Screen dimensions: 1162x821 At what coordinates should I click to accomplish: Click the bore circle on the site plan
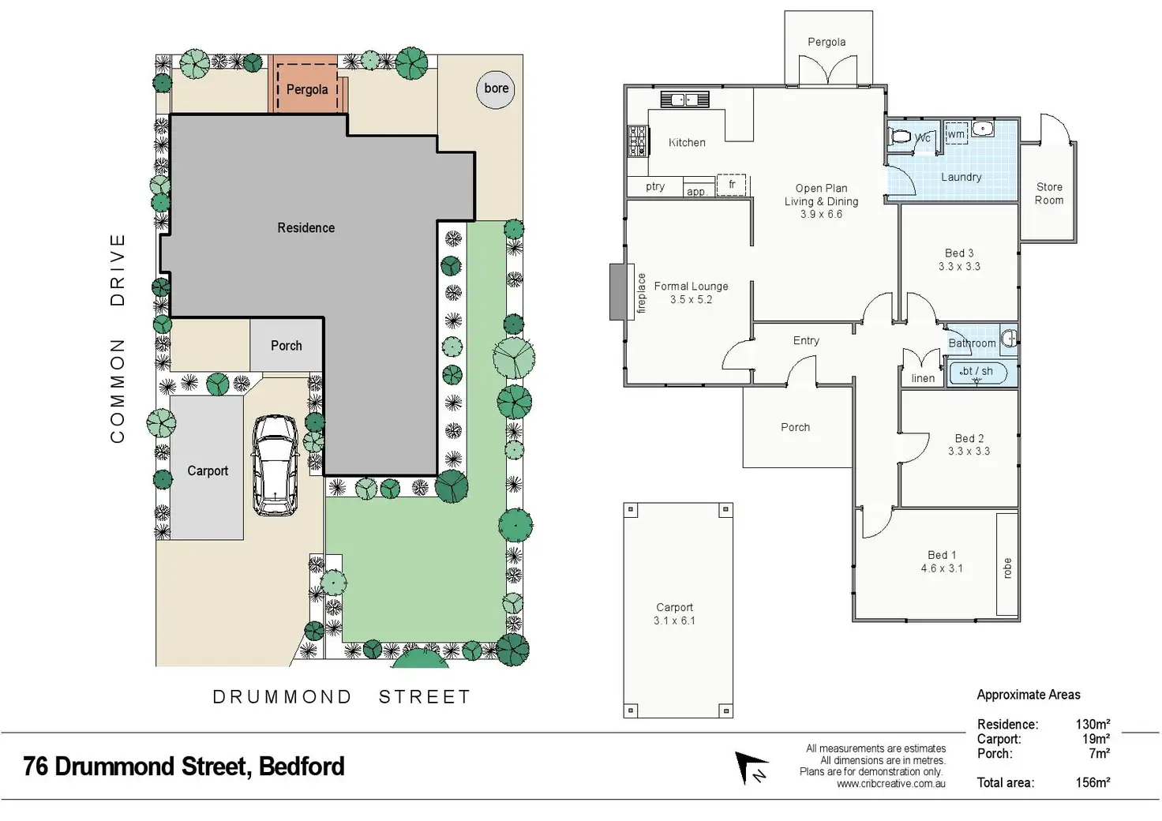point(496,89)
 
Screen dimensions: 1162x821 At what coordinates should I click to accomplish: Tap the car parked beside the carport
point(274,466)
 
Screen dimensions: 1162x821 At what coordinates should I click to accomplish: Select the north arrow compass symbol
point(751,767)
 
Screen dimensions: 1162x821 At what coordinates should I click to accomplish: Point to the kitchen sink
point(684,99)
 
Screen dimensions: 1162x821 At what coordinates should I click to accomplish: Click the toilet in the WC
point(900,137)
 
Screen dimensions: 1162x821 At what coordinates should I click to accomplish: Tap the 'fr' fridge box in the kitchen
point(731,185)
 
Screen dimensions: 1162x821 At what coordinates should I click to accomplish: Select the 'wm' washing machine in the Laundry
point(956,133)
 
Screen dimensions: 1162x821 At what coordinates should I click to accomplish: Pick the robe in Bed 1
point(1006,564)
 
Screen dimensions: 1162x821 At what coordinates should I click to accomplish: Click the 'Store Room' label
point(1049,193)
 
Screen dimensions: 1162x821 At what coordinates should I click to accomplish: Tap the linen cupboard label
point(923,378)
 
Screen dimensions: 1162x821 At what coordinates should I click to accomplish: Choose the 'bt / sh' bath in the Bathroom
point(977,373)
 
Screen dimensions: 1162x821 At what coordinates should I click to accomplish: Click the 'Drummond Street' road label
point(342,697)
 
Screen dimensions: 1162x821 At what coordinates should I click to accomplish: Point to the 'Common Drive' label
point(118,338)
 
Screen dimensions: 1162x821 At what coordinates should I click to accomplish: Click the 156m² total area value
point(1093,782)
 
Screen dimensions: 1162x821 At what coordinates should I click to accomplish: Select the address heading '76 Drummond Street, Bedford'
point(184,767)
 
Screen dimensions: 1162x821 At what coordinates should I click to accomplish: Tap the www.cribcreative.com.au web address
point(890,784)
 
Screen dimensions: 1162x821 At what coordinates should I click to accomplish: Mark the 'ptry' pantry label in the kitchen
point(655,186)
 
